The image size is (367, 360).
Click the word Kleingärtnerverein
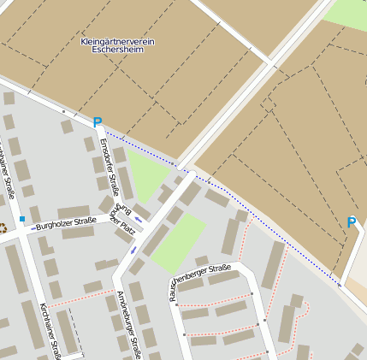pyautogui.click(x=117, y=41)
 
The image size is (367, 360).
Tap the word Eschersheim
pyautogui.click(x=117, y=50)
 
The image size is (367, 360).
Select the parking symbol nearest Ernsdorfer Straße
pyautogui.click(x=98, y=123)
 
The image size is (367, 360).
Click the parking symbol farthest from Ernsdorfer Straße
pyautogui.click(x=351, y=222)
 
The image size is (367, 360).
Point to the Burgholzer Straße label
pyautogui.click(x=67, y=224)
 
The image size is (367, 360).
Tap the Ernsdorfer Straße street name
pyautogui.click(x=108, y=167)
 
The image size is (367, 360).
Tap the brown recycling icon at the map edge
pyautogui.click(x=3, y=227)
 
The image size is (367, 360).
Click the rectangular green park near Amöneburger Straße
pyautogui.click(x=180, y=243)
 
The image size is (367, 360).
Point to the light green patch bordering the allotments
pyautogui.click(x=347, y=12)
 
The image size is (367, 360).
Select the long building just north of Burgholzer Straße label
pyautogui.click(x=74, y=211)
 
